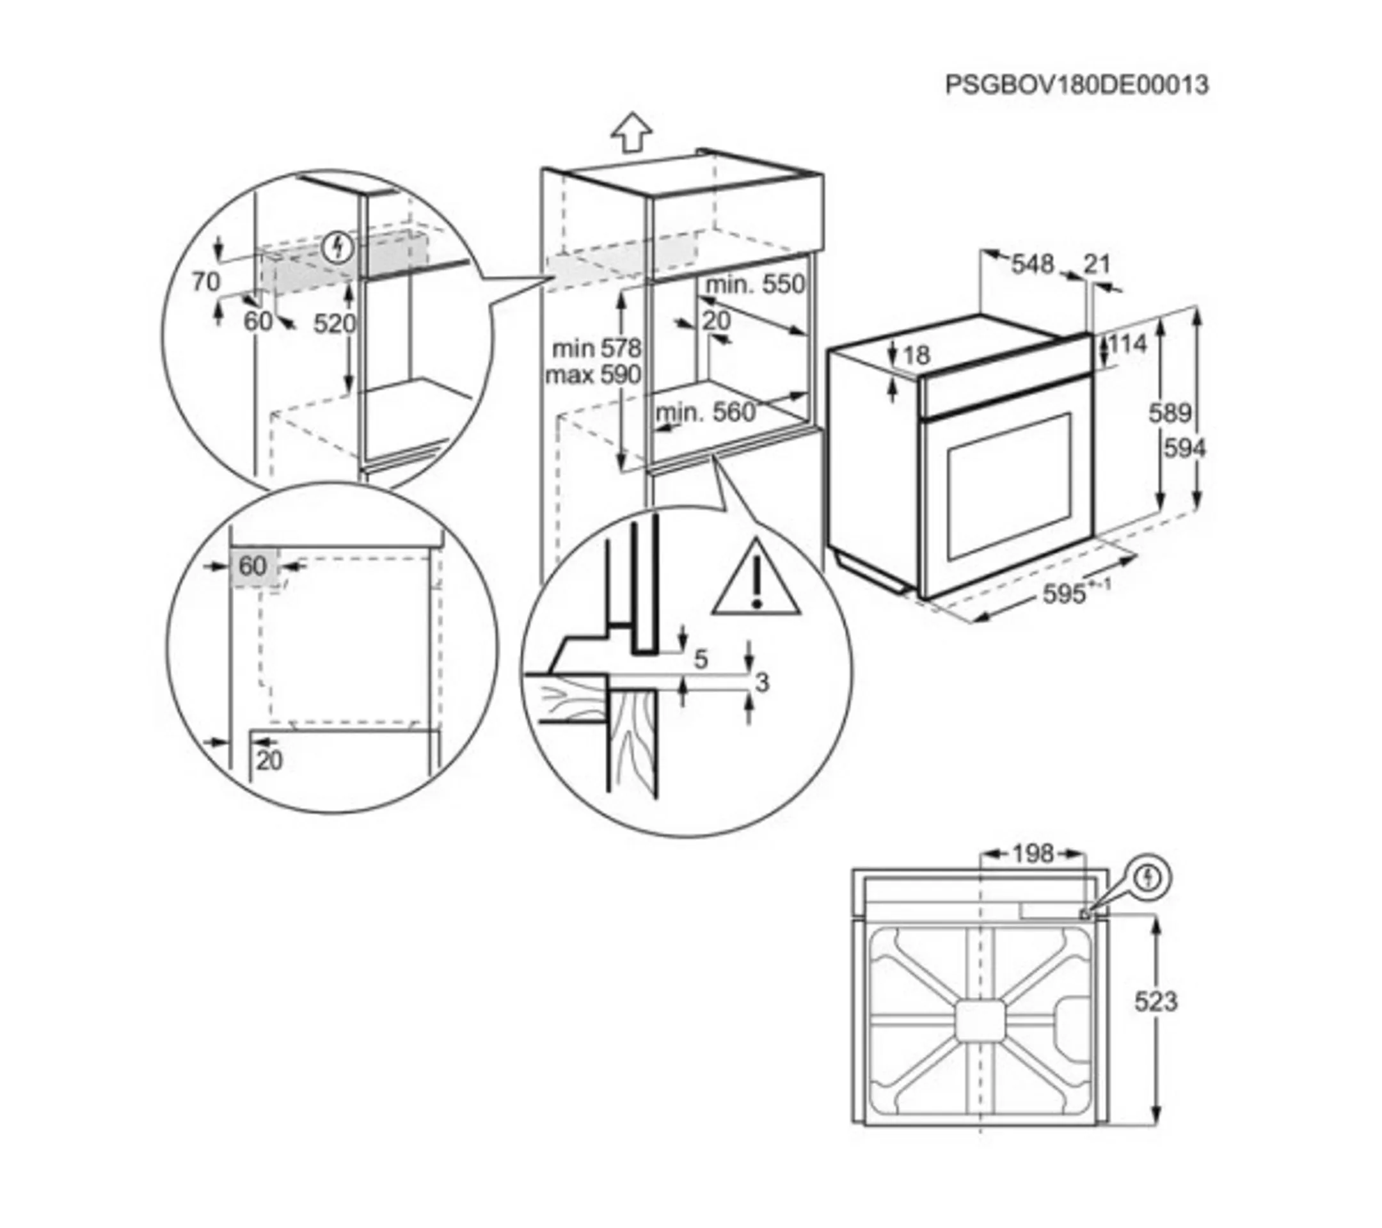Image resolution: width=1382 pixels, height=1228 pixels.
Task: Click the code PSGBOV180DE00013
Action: click(x=1076, y=85)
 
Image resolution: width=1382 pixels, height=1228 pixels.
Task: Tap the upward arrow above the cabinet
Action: click(x=631, y=131)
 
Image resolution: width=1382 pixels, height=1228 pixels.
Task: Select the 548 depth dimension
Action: click(x=1033, y=264)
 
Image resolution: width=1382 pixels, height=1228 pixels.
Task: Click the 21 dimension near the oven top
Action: click(x=1097, y=263)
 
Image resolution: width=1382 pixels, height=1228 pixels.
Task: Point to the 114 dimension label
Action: click(x=1128, y=344)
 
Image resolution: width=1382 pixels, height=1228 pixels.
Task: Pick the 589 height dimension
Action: click(x=1170, y=413)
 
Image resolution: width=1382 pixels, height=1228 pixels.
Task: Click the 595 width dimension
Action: click(x=1064, y=594)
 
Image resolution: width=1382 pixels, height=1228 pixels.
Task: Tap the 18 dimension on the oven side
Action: click(x=917, y=355)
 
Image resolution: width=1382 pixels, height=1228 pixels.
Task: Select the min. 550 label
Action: click(x=755, y=285)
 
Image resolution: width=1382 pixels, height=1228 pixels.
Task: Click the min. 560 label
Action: click(x=705, y=412)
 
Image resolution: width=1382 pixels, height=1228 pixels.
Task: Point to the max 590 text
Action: click(x=593, y=374)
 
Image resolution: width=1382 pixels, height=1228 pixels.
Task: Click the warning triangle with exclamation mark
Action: click(x=756, y=581)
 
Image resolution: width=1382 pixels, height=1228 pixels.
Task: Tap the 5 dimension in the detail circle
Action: click(x=701, y=658)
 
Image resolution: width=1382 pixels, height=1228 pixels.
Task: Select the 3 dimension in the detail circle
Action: click(x=762, y=683)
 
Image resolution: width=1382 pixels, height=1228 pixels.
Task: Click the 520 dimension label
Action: click(x=334, y=324)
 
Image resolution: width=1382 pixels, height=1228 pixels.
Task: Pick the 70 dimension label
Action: click(x=206, y=282)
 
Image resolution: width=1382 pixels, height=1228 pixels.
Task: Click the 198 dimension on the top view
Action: click(x=1033, y=854)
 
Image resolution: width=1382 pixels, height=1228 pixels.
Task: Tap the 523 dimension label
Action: click(x=1156, y=1001)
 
